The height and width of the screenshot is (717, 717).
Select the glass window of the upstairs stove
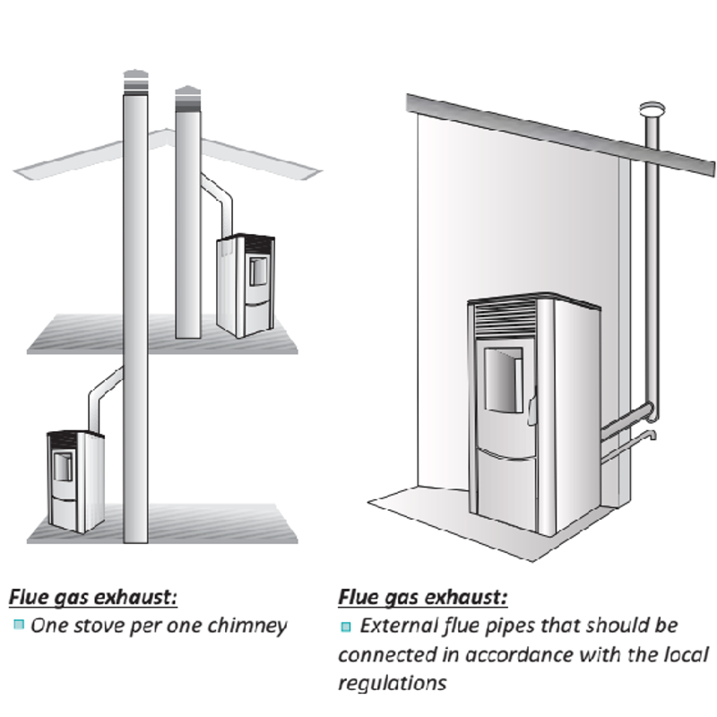256,270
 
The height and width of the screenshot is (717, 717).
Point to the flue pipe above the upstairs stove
218,202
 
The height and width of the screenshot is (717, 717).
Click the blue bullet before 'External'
347,626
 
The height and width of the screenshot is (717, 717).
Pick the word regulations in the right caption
393,682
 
